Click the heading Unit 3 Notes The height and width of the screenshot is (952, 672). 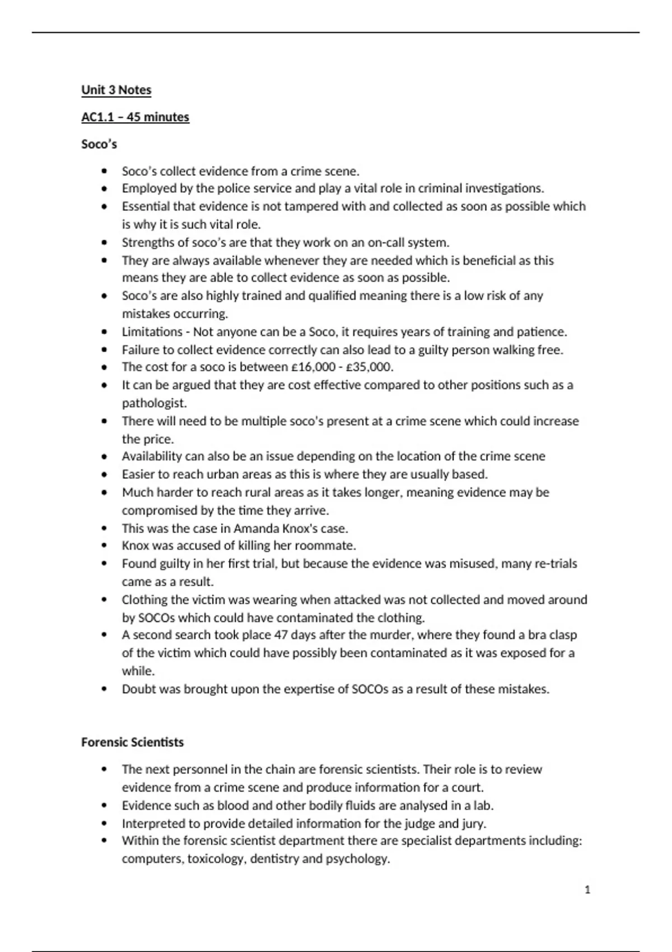[x=116, y=90]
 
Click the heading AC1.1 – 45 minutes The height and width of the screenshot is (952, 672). [x=135, y=117]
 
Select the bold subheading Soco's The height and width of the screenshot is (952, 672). [x=99, y=144]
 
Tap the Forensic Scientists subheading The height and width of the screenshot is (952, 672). [x=132, y=743]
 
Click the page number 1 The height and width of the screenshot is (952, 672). [x=587, y=890]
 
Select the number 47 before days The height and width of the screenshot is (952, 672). [x=280, y=635]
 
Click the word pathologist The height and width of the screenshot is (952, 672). [x=154, y=403]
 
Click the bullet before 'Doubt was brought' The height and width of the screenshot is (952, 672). [x=104, y=689]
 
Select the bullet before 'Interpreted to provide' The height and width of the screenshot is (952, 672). [x=104, y=824]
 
